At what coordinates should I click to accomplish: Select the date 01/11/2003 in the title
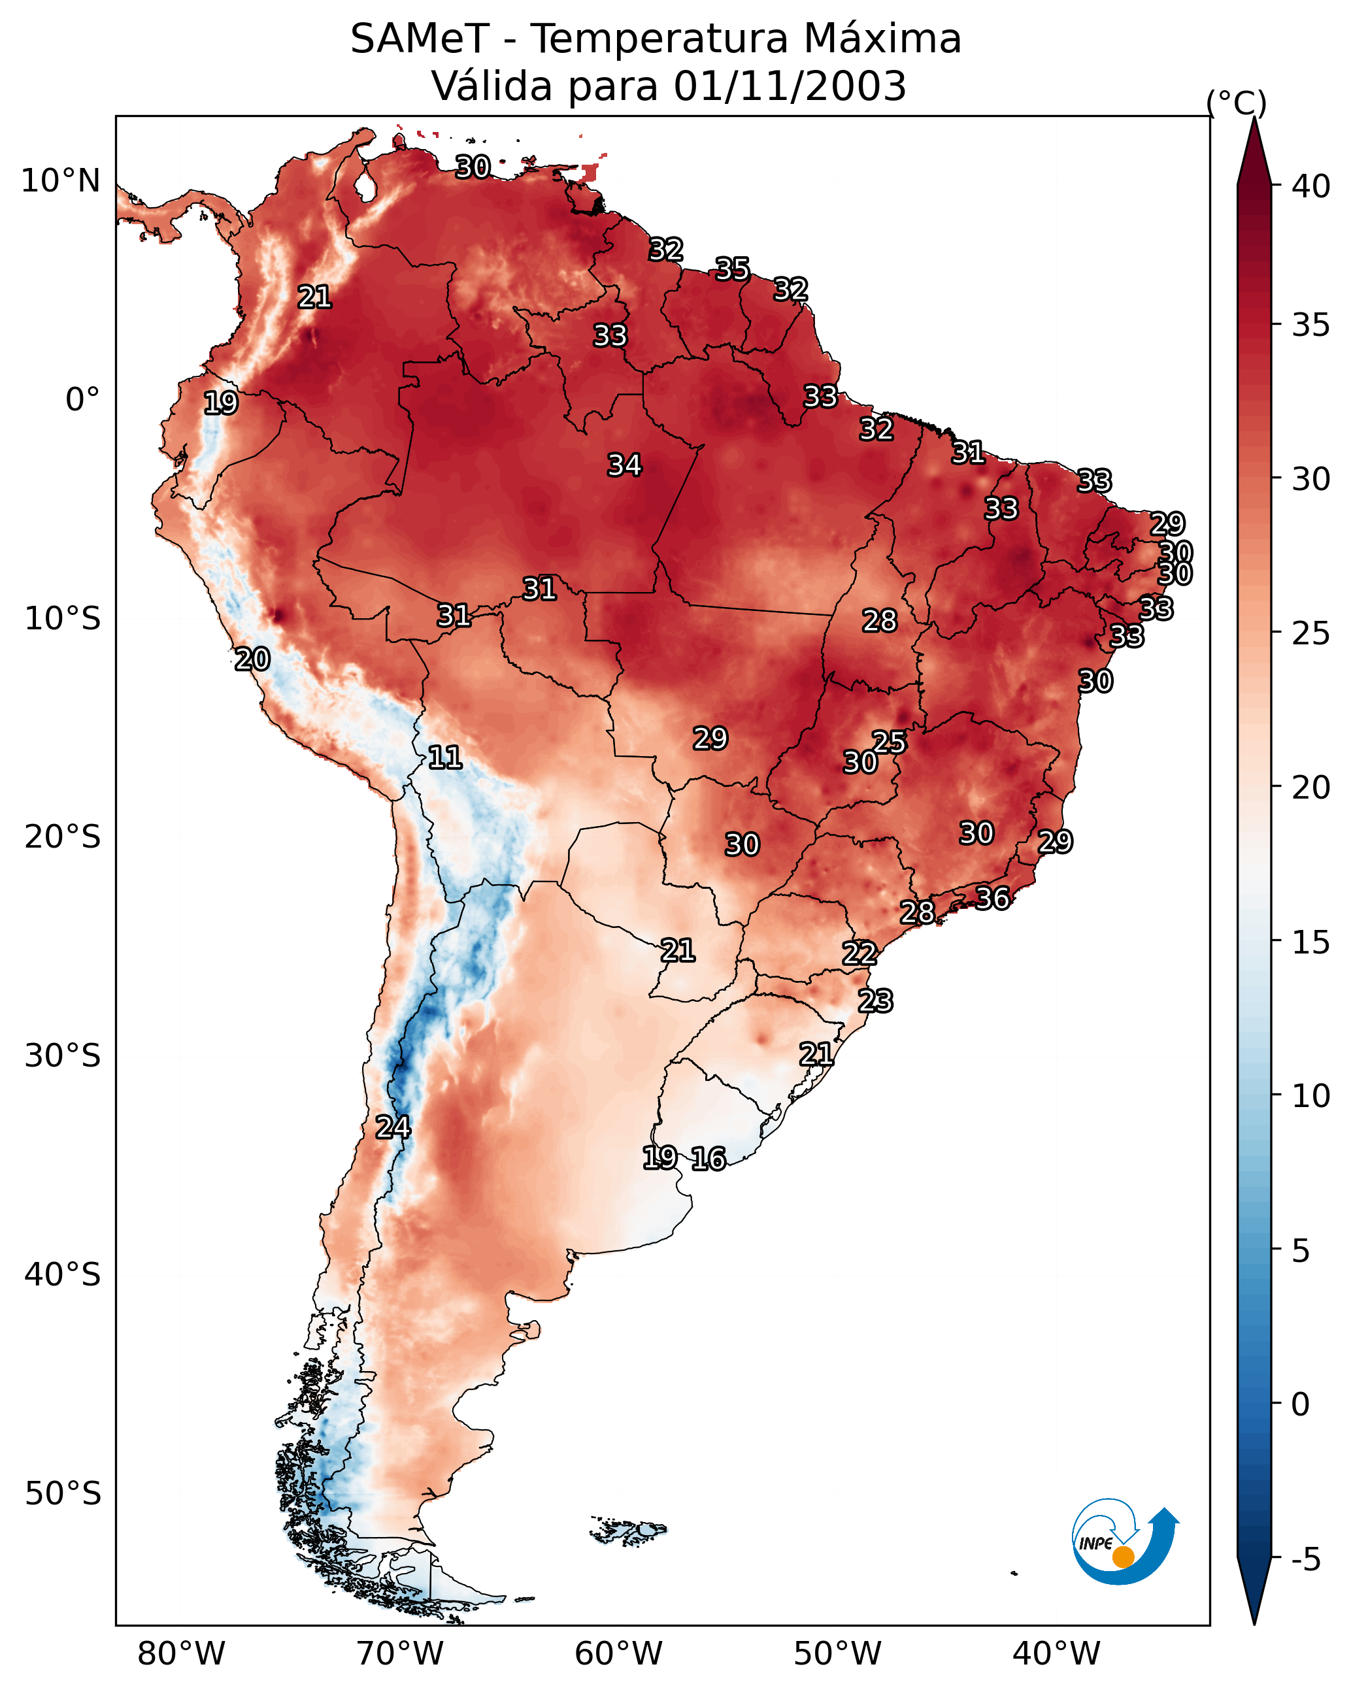tap(790, 86)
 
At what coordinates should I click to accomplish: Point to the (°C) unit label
tap(1236, 103)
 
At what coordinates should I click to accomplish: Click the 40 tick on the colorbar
tap(1311, 186)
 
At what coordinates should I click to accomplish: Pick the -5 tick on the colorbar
tap(1305, 1560)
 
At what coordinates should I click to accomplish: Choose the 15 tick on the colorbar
tap(1311, 942)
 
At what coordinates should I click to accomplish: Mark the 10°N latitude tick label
tap(60, 181)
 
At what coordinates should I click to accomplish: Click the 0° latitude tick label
tap(82, 400)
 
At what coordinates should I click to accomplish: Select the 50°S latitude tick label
tap(63, 1494)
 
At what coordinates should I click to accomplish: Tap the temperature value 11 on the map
tap(444, 757)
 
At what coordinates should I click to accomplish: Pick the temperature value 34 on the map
tap(624, 465)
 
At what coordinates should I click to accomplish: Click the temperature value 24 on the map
tap(392, 1127)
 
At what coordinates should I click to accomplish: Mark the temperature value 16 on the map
tap(708, 1159)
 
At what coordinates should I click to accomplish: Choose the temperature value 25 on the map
tap(889, 742)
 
